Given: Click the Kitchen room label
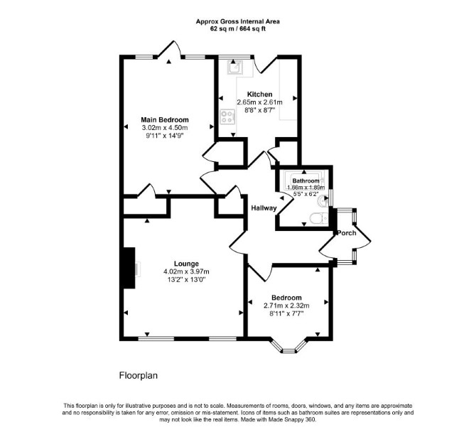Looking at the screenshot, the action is coord(259,94).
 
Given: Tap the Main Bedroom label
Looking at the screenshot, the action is coord(165,119).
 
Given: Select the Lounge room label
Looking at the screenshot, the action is coord(186,264).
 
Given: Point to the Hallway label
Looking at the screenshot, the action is coord(264,208).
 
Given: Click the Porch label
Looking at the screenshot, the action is coord(347,233).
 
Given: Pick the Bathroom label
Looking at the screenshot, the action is coord(305,181).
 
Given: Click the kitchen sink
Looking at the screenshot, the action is coord(234,67).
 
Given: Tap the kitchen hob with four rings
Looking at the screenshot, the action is coord(227,117).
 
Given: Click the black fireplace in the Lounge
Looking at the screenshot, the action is coord(129,268).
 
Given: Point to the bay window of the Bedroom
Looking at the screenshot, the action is coord(288,346).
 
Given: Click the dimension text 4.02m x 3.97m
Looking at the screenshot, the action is coord(186,271).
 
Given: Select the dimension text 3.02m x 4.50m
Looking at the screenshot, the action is coord(165,128).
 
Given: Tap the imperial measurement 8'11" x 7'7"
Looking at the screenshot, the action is coord(286,313).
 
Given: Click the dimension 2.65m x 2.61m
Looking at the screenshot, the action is coord(259,102).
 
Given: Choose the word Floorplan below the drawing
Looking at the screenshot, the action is coord(139,376).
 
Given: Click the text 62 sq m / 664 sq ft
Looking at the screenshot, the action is coord(238,29).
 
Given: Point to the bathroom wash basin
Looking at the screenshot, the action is coord(323,201).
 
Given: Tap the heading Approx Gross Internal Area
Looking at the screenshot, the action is coord(238,21).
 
